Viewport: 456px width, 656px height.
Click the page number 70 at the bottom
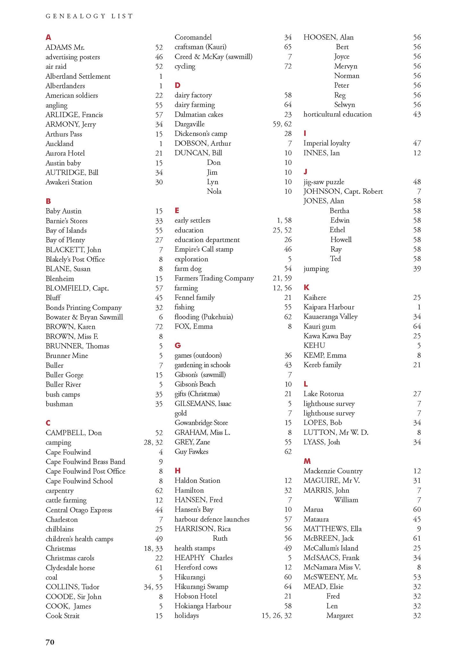(50, 642)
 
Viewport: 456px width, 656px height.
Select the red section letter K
(306, 287)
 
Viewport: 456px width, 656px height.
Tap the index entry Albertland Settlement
(78, 76)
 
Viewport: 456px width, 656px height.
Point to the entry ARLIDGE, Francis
(74, 115)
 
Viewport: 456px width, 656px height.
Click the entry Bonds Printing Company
(84, 307)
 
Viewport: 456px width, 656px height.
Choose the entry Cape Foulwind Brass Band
(85, 462)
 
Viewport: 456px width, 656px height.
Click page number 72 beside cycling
(288, 66)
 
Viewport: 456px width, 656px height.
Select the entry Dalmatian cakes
(199, 114)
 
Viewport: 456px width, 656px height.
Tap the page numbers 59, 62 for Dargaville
(282, 124)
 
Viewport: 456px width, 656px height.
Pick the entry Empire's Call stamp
(204, 249)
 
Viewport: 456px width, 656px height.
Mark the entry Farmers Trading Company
(214, 278)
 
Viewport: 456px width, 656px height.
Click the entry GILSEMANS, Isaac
(203, 404)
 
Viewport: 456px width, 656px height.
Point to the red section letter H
(178, 471)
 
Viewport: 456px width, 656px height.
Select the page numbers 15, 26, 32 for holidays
(277, 615)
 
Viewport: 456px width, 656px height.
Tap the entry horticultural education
(337, 114)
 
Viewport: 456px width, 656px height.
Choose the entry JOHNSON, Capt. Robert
(343, 192)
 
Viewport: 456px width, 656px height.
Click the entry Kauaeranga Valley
(330, 316)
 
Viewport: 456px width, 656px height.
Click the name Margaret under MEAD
(340, 615)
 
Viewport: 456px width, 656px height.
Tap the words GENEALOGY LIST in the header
(89, 16)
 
